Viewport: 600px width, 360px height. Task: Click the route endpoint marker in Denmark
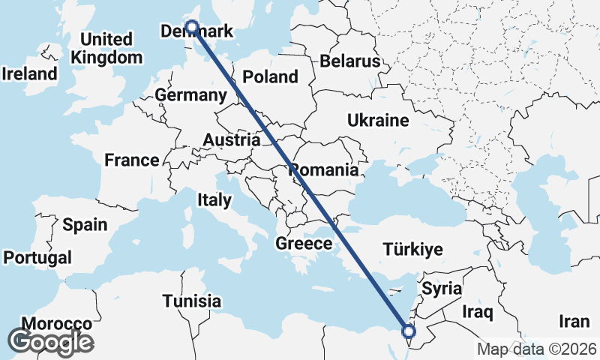click(x=192, y=27)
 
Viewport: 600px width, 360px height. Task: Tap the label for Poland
click(x=270, y=76)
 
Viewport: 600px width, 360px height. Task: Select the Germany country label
click(x=190, y=95)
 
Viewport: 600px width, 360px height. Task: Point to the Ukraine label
click(x=378, y=120)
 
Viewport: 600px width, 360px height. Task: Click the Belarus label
click(x=350, y=61)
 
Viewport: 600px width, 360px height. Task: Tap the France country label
click(x=132, y=160)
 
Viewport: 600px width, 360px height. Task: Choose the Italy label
click(x=214, y=200)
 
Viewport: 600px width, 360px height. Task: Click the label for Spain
click(x=85, y=224)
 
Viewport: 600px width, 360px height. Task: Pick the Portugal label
click(x=37, y=257)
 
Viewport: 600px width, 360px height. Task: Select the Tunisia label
click(x=192, y=301)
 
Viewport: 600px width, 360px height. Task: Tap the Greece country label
click(x=304, y=243)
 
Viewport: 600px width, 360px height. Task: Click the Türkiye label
click(x=412, y=250)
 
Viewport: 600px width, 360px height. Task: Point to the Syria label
click(x=442, y=288)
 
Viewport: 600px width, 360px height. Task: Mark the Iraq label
click(x=477, y=310)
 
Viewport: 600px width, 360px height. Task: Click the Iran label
click(x=574, y=321)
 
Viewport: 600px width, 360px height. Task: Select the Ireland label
click(x=30, y=74)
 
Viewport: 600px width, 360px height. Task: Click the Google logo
click(x=49, y=342)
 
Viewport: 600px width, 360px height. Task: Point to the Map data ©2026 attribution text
click(x=537, y=349)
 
